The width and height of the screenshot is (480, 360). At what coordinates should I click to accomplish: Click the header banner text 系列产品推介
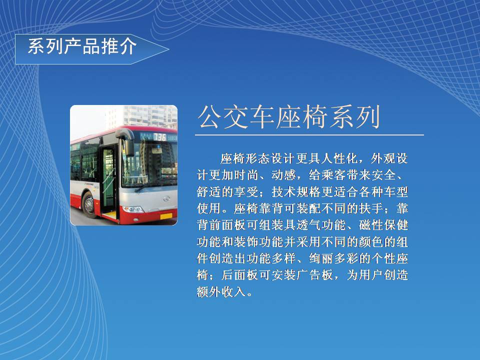(82, 46)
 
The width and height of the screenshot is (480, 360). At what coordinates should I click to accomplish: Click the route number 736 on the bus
(159, 137)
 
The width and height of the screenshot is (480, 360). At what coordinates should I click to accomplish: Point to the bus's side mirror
(126, 141)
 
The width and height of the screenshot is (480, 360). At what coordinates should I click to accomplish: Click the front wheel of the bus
(88, 204)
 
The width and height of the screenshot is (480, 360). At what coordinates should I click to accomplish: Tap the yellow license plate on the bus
(166, 216)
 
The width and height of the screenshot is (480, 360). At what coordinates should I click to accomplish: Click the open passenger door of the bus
(108, 180)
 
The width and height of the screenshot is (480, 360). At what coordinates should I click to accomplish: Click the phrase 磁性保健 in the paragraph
(383, 225)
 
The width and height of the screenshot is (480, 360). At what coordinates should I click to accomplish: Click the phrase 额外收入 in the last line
(221, 291)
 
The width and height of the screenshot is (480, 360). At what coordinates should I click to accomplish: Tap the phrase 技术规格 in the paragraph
(295, 192)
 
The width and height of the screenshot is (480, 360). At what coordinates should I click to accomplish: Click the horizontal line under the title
(309, 134)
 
